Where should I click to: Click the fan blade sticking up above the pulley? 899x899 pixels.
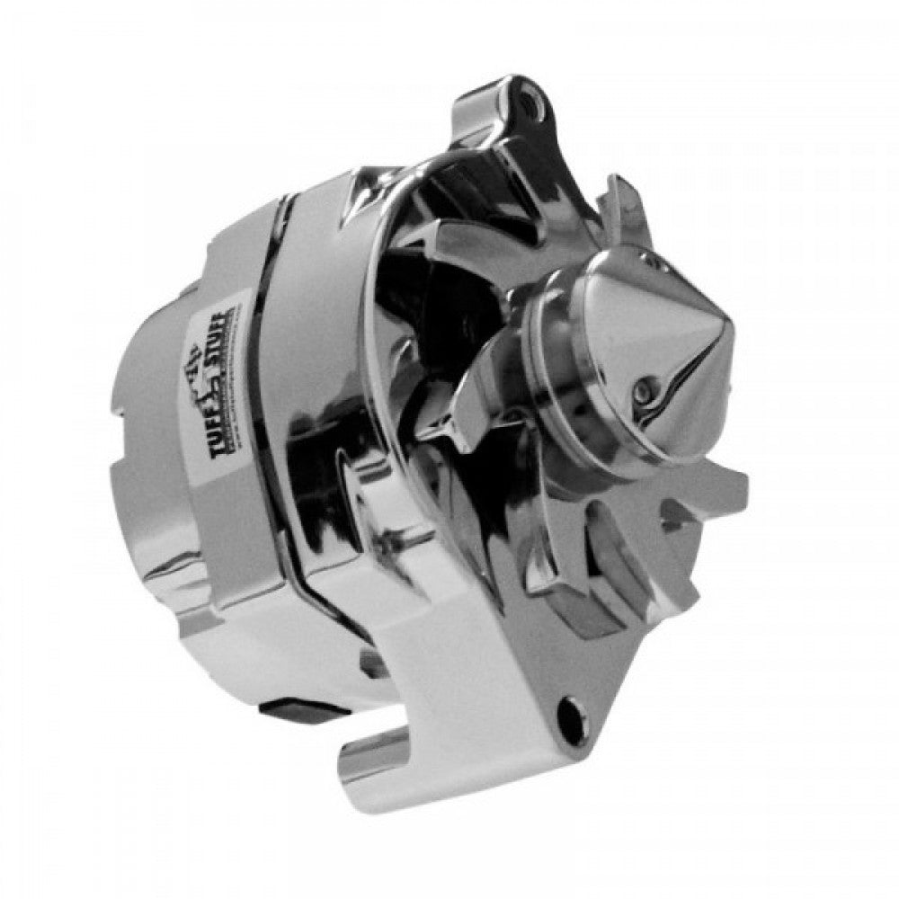pyautogui.click(x=620, y=211)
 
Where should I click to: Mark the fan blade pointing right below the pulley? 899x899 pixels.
pyautogui.click(x=710, y=490)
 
